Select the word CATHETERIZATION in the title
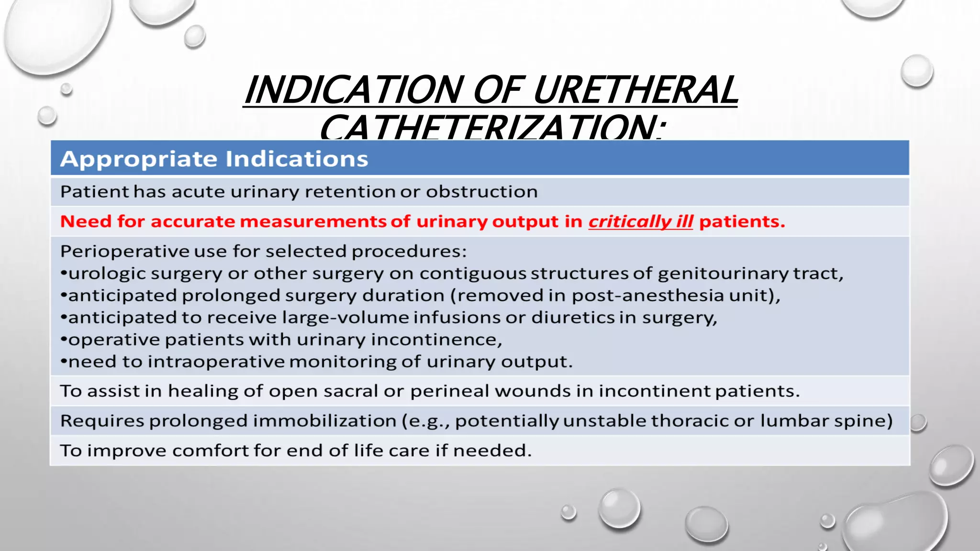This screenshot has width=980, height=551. [x=493, y=127]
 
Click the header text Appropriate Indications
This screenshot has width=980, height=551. [x=214, y=159]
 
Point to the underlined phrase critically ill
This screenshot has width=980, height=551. [x=640, y=221]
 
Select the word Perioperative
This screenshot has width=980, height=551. [x=125, y=251]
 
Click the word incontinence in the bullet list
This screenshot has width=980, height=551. [x=436, y=340]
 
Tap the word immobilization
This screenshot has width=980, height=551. [x=324, y=421]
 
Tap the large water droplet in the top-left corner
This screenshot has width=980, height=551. [x=57, y=33]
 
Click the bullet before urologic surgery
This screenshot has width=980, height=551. [x=64, y=274]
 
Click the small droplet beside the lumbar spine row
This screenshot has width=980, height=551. [x=918, y=422]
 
